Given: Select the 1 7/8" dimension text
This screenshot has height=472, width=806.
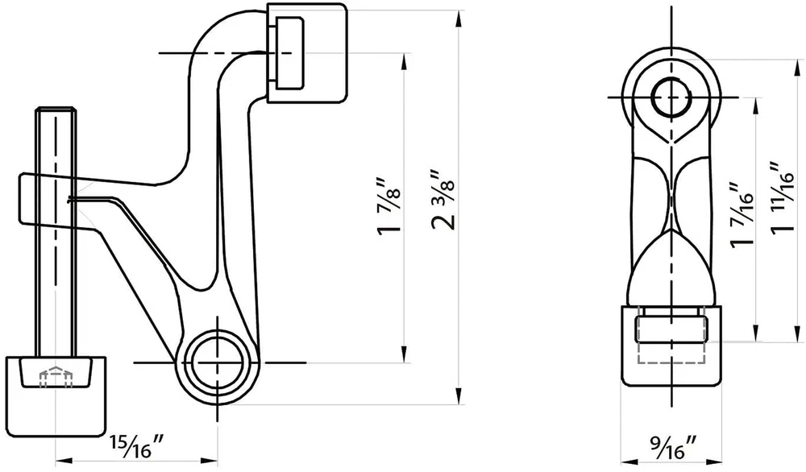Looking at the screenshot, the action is tap(388, 206).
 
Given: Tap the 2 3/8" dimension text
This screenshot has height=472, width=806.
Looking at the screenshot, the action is tap(442, 199).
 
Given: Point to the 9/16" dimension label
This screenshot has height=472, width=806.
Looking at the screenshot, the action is tap(674, 447).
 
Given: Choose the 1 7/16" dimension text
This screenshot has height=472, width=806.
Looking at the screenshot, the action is tap(741, 215).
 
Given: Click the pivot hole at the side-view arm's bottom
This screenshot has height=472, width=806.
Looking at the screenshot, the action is tap(217, 362).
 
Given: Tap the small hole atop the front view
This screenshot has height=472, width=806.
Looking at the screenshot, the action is tap(671, 97).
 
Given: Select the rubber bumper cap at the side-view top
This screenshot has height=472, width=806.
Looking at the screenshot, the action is tap(307, 53).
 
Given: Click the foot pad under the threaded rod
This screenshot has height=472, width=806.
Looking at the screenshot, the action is tap(56, 396).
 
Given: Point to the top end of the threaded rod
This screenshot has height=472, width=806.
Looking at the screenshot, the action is tap(56, 109).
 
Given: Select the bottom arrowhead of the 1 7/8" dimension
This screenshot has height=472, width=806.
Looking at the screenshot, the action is tap(404, 354).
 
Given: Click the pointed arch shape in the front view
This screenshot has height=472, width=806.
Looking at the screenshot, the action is tap(671, 267).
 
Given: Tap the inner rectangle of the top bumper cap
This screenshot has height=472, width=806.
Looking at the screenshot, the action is tap(289, 53).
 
